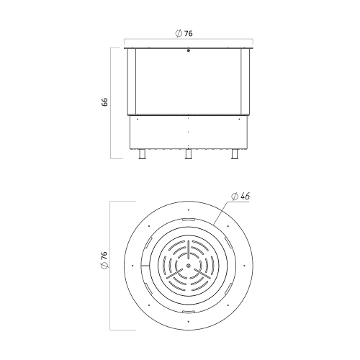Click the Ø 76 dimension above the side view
(184, 33)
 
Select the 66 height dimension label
(104, 102)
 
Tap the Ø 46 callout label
(240, 197)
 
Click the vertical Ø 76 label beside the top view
(104, 261)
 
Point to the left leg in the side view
(143, 154)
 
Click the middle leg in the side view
(189, 154)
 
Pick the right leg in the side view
(235, 154)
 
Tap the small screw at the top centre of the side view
(189, 50)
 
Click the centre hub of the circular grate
(189, 266)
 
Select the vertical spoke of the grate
(189, 250)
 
